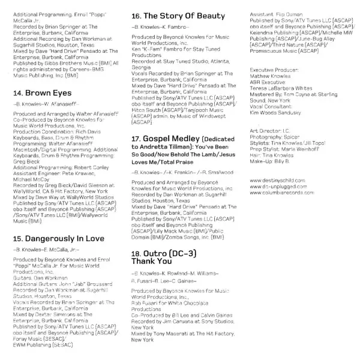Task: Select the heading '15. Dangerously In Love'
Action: pos(59,222)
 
